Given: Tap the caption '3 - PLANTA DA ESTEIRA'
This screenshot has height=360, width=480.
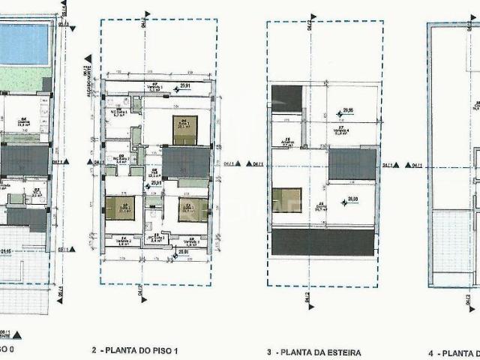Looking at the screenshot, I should coord(313,351).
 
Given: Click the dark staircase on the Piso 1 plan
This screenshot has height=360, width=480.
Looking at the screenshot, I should coord(185,161).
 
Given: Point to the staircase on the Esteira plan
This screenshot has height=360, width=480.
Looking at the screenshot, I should coord(352,164).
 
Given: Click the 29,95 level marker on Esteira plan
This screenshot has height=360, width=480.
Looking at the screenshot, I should coord(348,111).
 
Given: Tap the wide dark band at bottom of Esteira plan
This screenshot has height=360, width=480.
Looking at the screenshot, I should coord(322,242).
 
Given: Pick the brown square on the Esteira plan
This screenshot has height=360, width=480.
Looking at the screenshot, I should coord(286,200).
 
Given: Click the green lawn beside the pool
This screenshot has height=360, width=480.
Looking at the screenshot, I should coord(22,79).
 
